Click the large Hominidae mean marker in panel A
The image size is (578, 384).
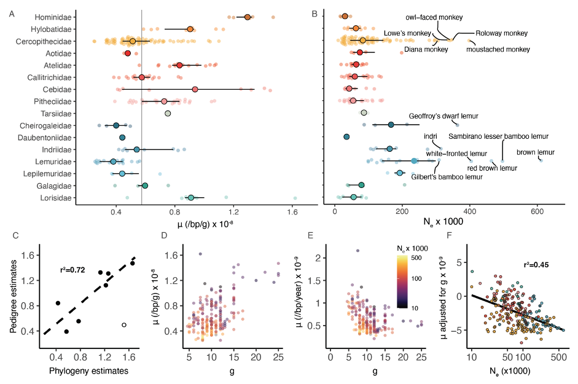[x=248, y=17]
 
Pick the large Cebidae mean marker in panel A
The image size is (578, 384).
[x=195, y=89]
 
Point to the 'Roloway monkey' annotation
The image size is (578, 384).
[x=502, y=33]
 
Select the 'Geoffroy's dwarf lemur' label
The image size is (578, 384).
[x=443, y=116]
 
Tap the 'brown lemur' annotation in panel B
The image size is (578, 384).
[x=535, y=152]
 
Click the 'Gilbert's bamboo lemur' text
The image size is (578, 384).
[x=445, y=177]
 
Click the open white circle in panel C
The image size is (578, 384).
[x=124, y=324]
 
